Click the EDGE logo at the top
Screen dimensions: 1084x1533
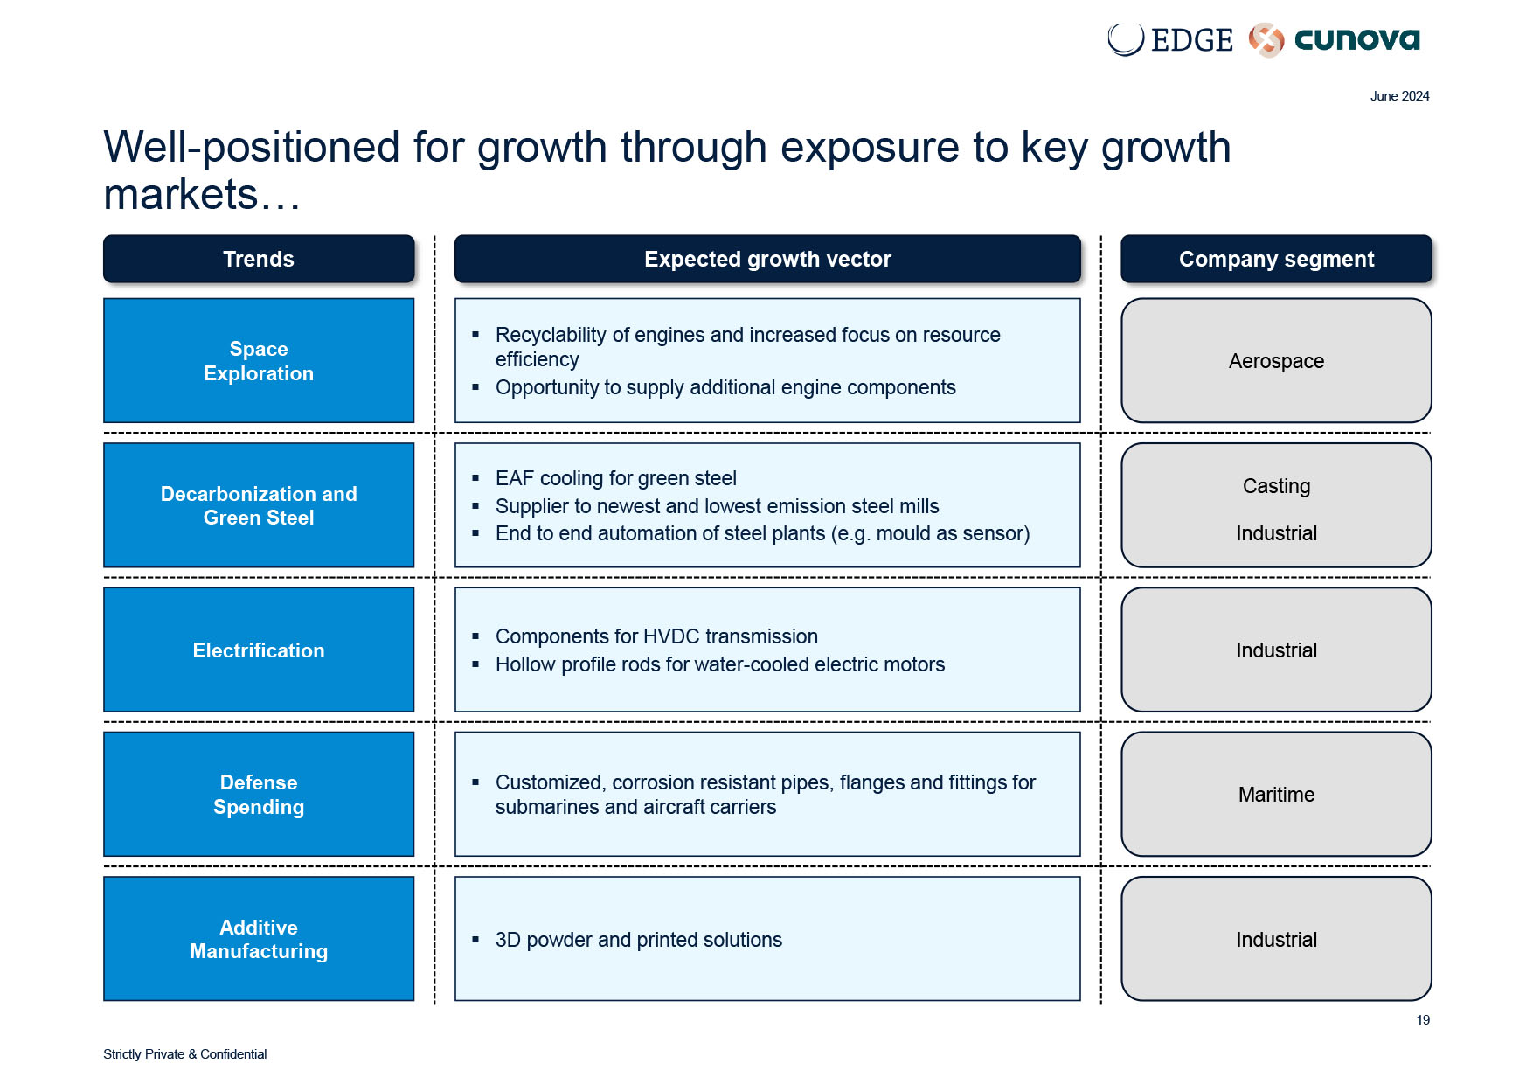click(1169, 40)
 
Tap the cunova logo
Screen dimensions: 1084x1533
click(1335, 40)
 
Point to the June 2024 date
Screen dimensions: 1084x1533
click(1399, 96)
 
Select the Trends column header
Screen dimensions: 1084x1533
click(259, 259)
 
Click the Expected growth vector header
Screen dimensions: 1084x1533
click(767, 259)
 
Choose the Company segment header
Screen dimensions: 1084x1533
click(1276, 259)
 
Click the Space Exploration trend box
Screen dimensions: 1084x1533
click(259, 361)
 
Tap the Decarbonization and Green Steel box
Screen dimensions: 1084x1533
click(259, 505)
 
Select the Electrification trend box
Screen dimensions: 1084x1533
click(259, 650)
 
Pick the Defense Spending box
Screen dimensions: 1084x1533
click(259, 794)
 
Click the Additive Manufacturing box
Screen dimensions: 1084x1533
click(259, 939)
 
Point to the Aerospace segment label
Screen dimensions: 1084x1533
click(1276, 361)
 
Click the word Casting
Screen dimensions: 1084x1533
click(1276, 486)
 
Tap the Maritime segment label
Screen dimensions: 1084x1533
click(1276, 795)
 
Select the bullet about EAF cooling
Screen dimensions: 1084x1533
click(615, 478)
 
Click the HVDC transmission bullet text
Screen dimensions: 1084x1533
click(656, 636)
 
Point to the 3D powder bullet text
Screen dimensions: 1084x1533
click(638, 940)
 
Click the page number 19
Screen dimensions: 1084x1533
click(1423, 1020)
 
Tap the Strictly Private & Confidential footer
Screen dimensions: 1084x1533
click(184, 1054)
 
